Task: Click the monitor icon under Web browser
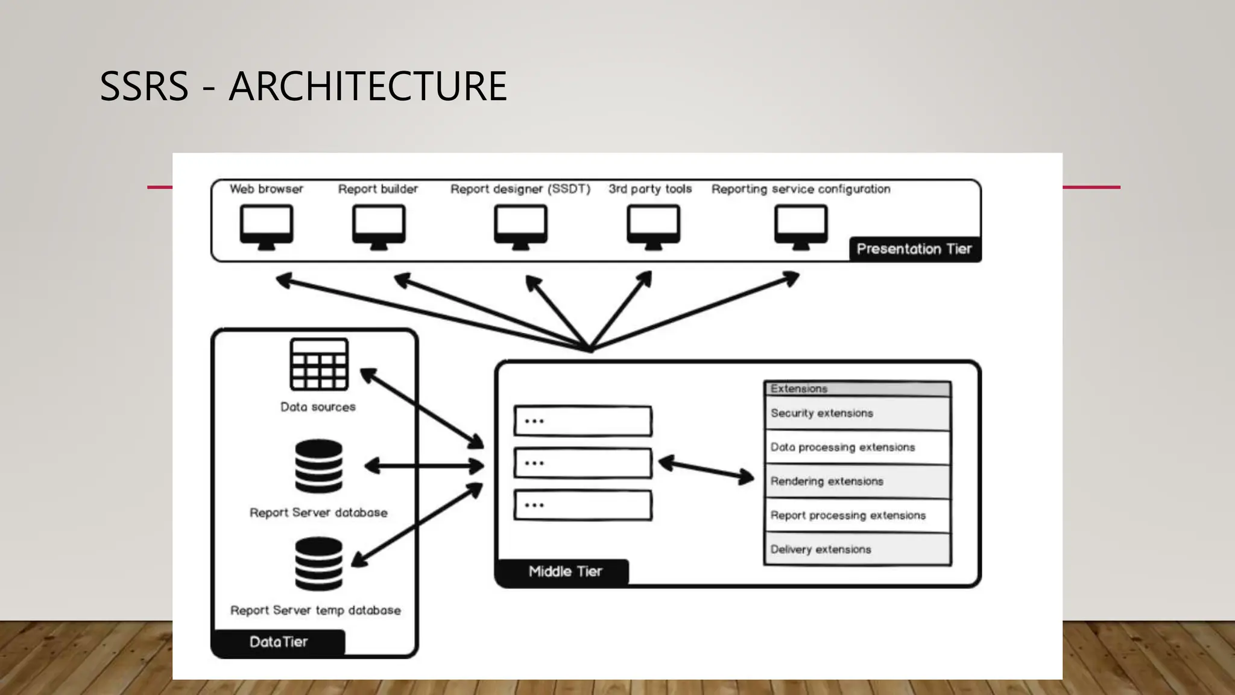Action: tap(267, 226)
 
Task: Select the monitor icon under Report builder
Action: tap(379, 226)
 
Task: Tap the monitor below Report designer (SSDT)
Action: tap(520, 226)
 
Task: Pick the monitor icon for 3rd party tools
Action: tap(653, 226)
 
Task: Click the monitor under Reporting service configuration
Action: tap(801, 226)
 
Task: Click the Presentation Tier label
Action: tap(914, 249)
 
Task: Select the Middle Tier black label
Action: tap(564, 571)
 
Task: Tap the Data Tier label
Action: tap(279, 642)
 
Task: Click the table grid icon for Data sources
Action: tap(319, 364)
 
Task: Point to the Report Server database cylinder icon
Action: tap(319, 466)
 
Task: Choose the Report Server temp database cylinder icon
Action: tap(319, 563)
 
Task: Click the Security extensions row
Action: tap(856, 413)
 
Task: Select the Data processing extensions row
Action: tap(856, 447)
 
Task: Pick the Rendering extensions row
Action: tap(856, 481)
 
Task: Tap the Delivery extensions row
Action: tap(856, 550)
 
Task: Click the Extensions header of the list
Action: tap(856, 389)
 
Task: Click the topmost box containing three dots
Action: tap(583, 421)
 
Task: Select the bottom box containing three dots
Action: tap(583, 505)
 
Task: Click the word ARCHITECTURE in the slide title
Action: tap(368, 86)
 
